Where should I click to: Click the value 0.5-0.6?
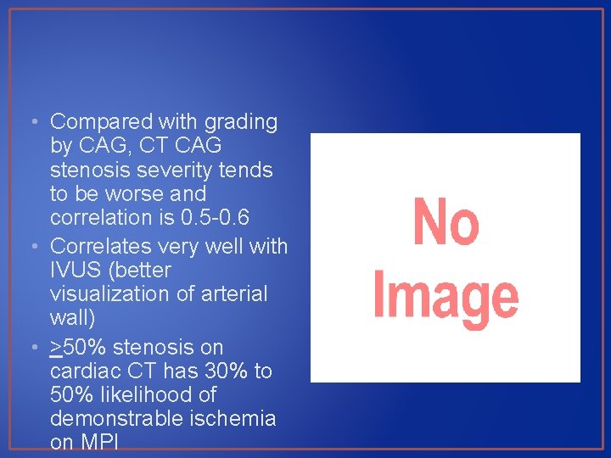point(216,217)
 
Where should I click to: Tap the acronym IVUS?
point(76,271)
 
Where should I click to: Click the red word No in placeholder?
point(446,222)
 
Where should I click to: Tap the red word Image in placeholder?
point(446,297)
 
